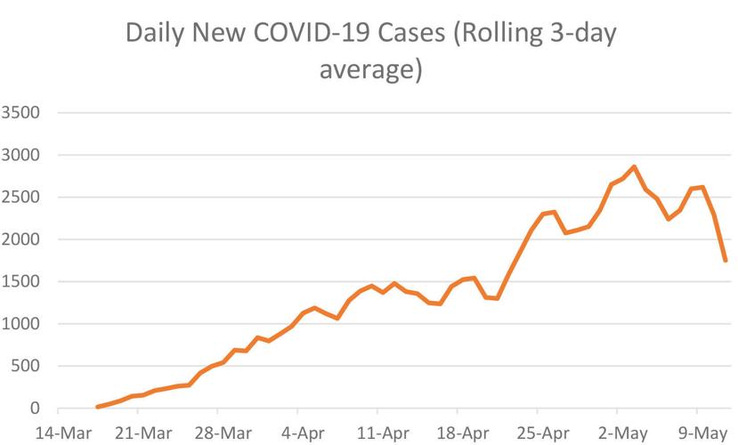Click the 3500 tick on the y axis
click(x=22, y=113)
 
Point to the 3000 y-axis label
click(x=22, y=156)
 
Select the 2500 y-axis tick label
click(x=22, y=198)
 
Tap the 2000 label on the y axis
click(x=22, y=239)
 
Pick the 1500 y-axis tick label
click(x=22, y=282)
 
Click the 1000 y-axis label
click(x=22, y=324)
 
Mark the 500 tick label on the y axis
click(x=27, y=367)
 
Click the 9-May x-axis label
click(x=698, y=432)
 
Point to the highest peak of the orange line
click(x=634, y=166)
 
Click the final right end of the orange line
click(x=726, y=260)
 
